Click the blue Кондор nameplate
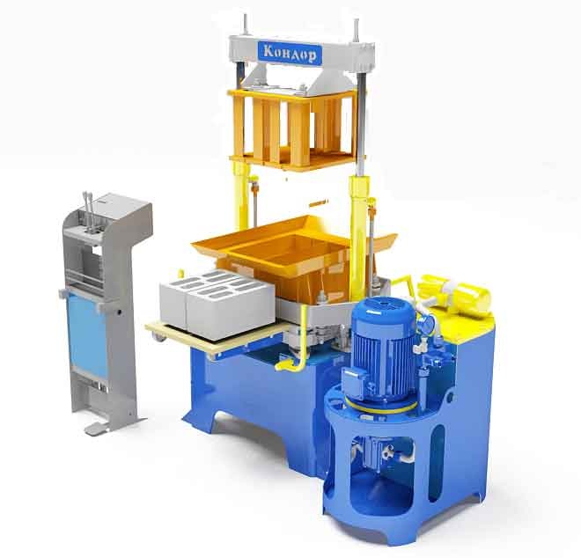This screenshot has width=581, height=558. [x=290, y=53]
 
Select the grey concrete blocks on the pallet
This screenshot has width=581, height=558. [x=217, y=305]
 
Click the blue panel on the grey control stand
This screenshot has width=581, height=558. [x=87, y=334]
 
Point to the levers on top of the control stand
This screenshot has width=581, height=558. [x=89, y=212]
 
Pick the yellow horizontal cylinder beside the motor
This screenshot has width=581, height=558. [x=455, y=293]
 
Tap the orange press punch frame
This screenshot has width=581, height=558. [x=293, y=128]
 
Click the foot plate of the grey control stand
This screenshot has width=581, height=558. [x=97, y=429]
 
